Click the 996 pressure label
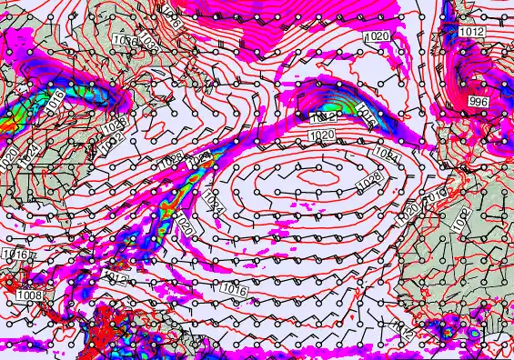(479, 102)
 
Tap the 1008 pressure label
(29, 295)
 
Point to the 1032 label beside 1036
(149, 45)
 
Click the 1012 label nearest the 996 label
(471, 31)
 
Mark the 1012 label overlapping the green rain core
(324, 118)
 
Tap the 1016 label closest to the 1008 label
(15, 254)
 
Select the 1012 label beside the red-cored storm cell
(403, 332)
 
